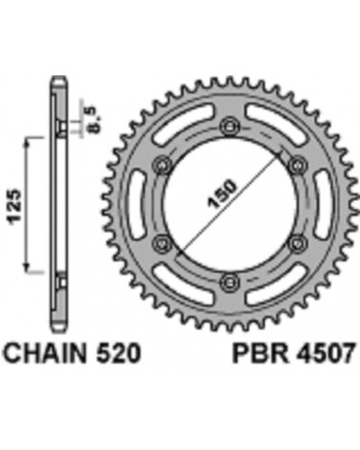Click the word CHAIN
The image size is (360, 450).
click(x=46, y=354)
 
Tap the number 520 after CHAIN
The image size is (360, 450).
click(x=118, y=354)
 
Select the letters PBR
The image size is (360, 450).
click(x=262, y=354)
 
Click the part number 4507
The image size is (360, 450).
click(x=326, y=354)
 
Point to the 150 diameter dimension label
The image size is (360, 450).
click(x=222, y=194)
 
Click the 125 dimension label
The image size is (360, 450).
click(x=14, y=208)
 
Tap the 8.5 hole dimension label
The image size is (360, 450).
click(x=91, y=120)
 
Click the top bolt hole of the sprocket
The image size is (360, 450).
click(x=230, y=127)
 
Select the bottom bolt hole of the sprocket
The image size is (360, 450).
click(x=230, y=281)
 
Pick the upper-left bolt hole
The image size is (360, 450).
click(x=163, y=165)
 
